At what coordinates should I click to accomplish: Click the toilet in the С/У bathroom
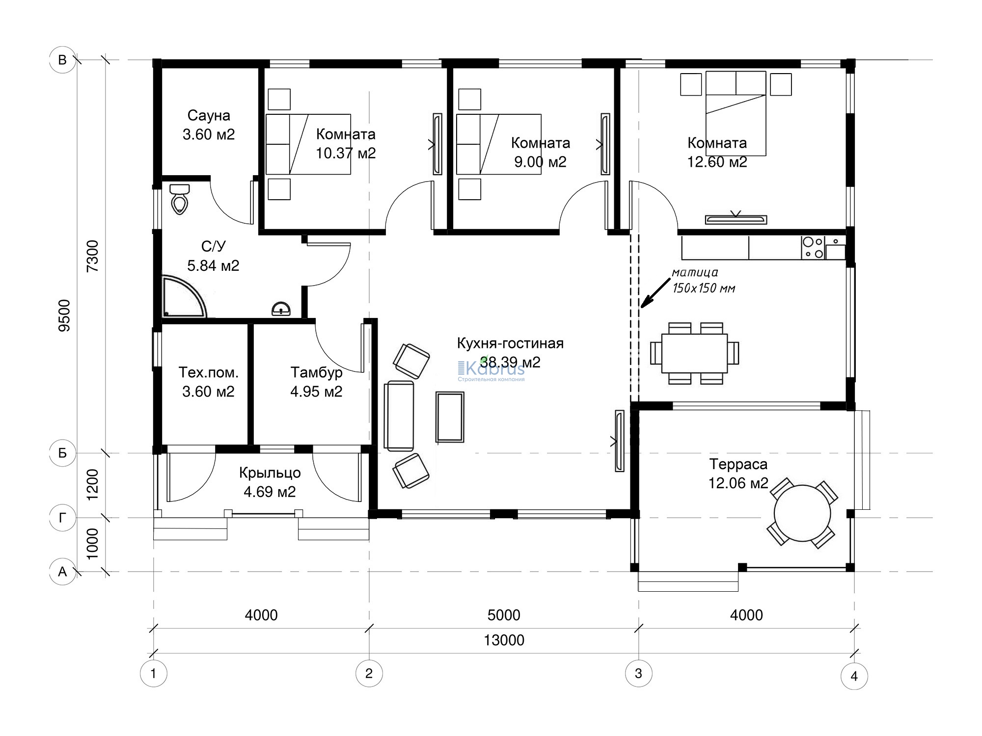pyautogui.click(x=180, y=199)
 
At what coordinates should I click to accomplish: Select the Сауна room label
pyautogui.click(x=209, y=116)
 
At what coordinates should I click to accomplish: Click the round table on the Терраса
pyautogui.click(x=802, y=513)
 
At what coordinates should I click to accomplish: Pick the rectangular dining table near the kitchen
pyautogui.click(x=695, y=353)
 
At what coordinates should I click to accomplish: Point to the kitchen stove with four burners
pyautogui.click(x=813, y=248)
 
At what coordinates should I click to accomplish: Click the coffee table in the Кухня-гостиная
pyautogui.click(x=450, y=417)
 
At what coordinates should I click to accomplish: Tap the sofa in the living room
pyautogui.click(x=399, y=416)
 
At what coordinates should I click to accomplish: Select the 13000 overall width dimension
pyautogui.click(x=504, y=640)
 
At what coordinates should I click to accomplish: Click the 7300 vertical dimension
pyautogui.click(x=92, y=256)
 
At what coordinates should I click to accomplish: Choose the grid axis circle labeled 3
pyautogui.click(x=638, y=674)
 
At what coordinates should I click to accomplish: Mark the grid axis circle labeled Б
pyautogui.click(x=62, y=453)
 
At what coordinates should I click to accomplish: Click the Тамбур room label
pyautogui.click(x=316, y=373)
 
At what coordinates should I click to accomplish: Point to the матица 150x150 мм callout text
pyautogui.click(x=704, y=280)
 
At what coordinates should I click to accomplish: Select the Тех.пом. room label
pyautogui.click(x=208, y=372)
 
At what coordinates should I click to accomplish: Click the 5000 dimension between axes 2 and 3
pyautogui.click(x=504, y=615)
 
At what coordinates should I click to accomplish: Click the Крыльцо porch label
pyautogui.click(x=270, y=473)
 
